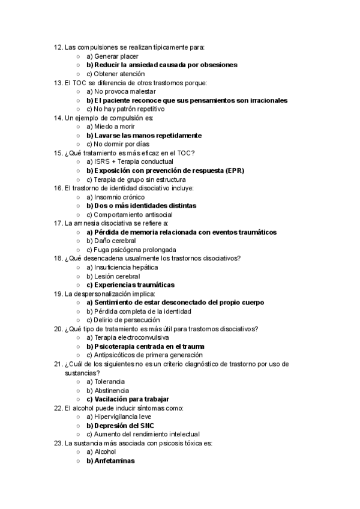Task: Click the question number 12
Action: click(58, 47)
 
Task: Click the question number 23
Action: click(58, 444)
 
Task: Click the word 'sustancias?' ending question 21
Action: click(82, 373)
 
